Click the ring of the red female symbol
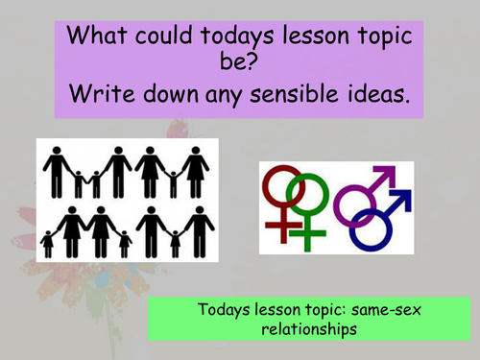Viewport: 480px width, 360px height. [x=286, y=186]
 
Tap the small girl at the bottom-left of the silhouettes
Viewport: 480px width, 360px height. [x=48, y=243]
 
